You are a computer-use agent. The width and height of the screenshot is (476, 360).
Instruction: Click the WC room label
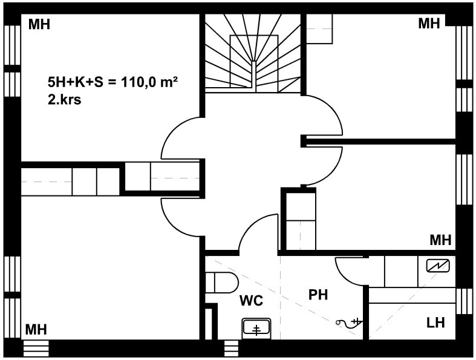[x=252, y=301]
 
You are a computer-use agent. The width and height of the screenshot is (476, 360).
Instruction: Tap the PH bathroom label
[x=318, y=295]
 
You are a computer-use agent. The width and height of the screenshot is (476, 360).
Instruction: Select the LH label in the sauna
[x=435, y=322]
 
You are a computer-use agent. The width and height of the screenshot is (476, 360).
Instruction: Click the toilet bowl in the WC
[x=221, y=283]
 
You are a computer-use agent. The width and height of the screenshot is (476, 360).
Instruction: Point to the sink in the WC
[x=256, y=328]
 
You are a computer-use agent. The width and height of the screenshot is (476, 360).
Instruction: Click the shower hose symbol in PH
[x=349, y=322]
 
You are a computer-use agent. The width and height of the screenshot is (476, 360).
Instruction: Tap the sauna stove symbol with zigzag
[x=438, y=266]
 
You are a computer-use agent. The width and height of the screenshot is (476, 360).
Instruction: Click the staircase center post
[x=254, y=76]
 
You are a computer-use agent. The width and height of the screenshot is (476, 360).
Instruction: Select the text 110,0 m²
[x=149, y=82]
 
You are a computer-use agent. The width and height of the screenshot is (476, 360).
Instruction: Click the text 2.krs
[x=64, y=100]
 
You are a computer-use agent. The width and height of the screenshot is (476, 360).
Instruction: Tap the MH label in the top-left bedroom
[x=39, y=24]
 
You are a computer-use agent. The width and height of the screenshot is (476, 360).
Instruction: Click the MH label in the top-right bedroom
[x=429, y=24]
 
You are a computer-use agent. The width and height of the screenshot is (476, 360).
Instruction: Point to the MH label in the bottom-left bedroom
[x=36, y=330]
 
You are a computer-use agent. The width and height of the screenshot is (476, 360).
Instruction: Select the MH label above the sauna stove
[x=440, y=240]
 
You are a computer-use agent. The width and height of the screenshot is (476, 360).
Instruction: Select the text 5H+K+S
[x=75, y=82]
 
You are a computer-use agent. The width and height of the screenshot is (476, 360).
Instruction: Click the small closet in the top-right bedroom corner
[x=319, y=29]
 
